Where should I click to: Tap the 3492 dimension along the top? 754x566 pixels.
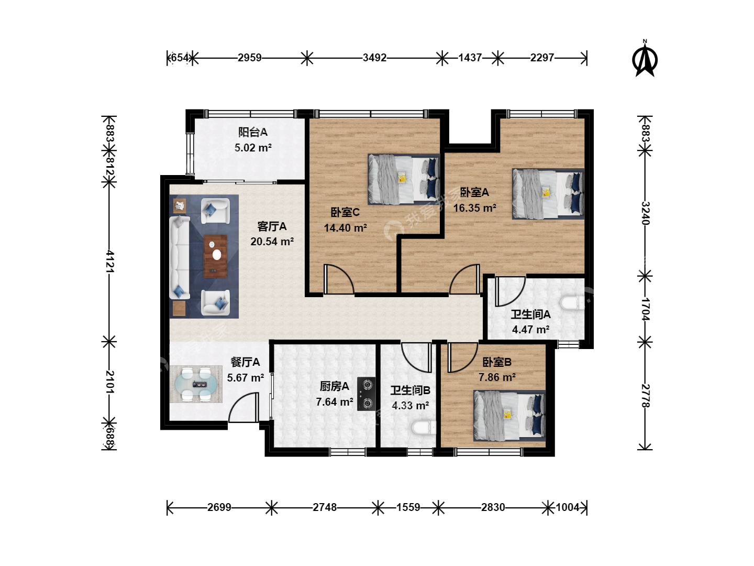point(374,58)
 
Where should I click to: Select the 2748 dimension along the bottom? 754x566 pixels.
point(325,507)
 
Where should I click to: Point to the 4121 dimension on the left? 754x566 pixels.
point(109,261)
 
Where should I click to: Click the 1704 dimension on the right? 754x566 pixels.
point(645,309)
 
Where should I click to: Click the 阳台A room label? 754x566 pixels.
point(253,132)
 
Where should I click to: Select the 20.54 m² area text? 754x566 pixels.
point(272,242)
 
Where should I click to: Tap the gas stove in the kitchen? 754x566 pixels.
point(366,394)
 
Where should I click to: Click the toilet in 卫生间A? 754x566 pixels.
point(573,303)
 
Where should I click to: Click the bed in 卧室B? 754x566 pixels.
point(509,416)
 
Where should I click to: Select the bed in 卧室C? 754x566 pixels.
point(404,179)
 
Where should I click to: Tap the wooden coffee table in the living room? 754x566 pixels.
point(215,256)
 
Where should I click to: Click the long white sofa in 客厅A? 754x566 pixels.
point(179,257)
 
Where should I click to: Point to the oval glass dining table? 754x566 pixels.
point(196,384)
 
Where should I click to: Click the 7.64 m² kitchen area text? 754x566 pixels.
point(335,402)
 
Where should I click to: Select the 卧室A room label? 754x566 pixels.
point(474,192)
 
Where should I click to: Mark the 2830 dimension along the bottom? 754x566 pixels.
point(493,507)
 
